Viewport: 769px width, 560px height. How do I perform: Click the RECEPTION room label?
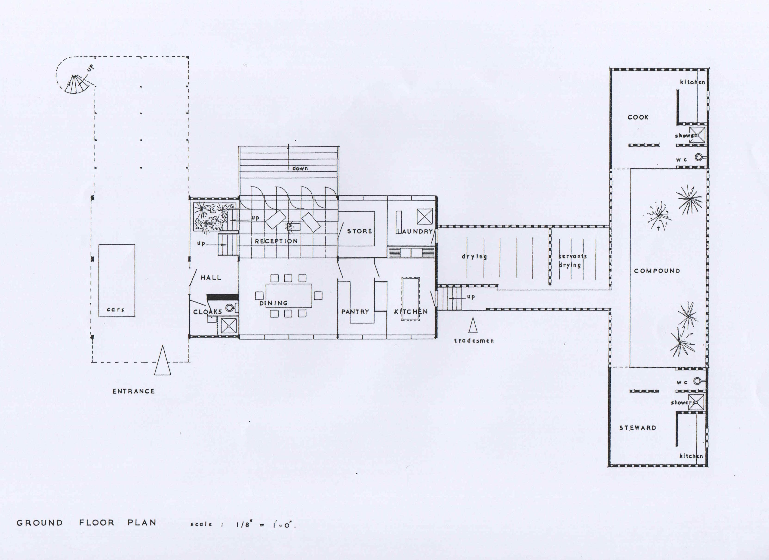point(276,241)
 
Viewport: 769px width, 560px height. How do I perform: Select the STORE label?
point(359,231)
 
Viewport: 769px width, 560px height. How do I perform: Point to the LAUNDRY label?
point(415,231)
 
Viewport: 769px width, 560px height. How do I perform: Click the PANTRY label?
point(355,311)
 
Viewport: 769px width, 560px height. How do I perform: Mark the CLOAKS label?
point(207,311)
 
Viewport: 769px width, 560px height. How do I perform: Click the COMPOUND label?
point(657,271)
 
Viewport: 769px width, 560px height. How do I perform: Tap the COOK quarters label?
point(638,117)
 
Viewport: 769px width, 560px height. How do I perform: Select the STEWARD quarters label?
point(638,428)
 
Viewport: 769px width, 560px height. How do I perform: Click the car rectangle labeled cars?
point(117,281)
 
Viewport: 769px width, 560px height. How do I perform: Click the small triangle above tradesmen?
point(473,325)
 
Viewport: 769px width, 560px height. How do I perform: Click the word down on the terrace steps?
point(300,168)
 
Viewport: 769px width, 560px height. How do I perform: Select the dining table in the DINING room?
point(289,295)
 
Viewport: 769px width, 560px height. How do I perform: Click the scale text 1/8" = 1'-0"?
point(266,525)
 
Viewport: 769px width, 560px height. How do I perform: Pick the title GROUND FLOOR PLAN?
point(86,523)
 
